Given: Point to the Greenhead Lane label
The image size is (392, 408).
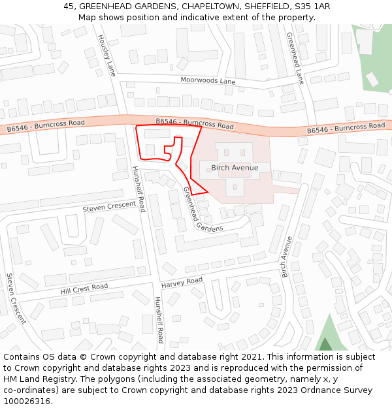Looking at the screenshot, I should pyautogui.click(x=295, y=59).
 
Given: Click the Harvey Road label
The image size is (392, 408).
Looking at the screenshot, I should pyautogui.click(x=182, y=282).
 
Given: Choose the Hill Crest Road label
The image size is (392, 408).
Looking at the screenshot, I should pyautogui.click(x=84, y=288).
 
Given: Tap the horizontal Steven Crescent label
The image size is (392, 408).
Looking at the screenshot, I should pyautogui.click(x=110, y=208).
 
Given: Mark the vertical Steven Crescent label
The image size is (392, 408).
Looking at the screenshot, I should pyautogui.click(x=16, y=298).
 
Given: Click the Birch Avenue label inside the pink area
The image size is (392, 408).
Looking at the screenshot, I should pyautogui.click(x=235, y=168).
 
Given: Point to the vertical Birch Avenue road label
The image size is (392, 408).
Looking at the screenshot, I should pyautogui.click(x=287, y=257).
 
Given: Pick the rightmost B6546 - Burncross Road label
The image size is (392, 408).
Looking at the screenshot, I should pyautogui.click(x=346, y=128).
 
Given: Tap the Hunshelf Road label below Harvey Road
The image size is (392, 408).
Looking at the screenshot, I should pyautogui.click(x=159, y=320).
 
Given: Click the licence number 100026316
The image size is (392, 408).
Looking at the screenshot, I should pyautogui.click(x=27, y=401).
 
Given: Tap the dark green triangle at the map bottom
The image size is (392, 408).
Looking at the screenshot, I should pyautogui.click(x=325, y=345).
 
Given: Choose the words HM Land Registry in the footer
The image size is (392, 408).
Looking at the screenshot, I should pyautogui.click(x=35, y=379).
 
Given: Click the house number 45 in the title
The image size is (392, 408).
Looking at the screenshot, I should pyautogui.click(x=69, y=7).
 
